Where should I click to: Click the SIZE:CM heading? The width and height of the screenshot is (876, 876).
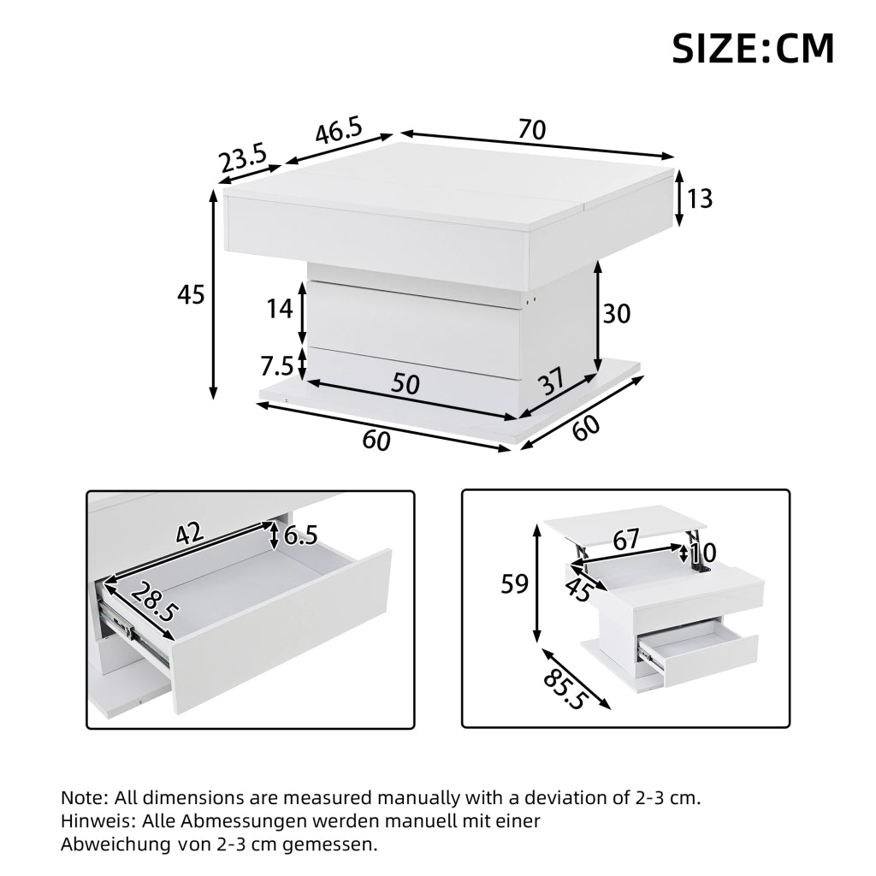(x=753, y=49)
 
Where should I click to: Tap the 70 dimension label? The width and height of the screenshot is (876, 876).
(x=532, y=130)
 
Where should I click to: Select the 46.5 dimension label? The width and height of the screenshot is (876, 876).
(x=339, y=131)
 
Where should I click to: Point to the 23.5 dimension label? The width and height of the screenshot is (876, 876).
(x=244, y=159)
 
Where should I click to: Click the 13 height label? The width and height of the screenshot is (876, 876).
(x=700, y=198)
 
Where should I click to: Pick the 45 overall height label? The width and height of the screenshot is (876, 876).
(x=191, y=294)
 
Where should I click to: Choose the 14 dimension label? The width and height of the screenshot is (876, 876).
(x=280, y=309)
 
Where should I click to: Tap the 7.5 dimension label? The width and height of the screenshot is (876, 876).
(x=276, y=366)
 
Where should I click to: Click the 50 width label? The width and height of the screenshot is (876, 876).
(x=405, y=384)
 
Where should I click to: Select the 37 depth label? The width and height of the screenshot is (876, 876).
(x=551, y=382)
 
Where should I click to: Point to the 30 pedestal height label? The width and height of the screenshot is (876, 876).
(x=616, y=314)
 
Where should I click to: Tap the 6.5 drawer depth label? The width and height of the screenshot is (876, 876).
(x=300, y=536)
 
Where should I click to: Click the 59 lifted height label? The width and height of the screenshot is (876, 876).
(x=514, y=584)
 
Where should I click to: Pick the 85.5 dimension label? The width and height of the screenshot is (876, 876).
(x=565, y=683)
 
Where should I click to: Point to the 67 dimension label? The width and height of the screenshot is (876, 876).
(x=625, y=540)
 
